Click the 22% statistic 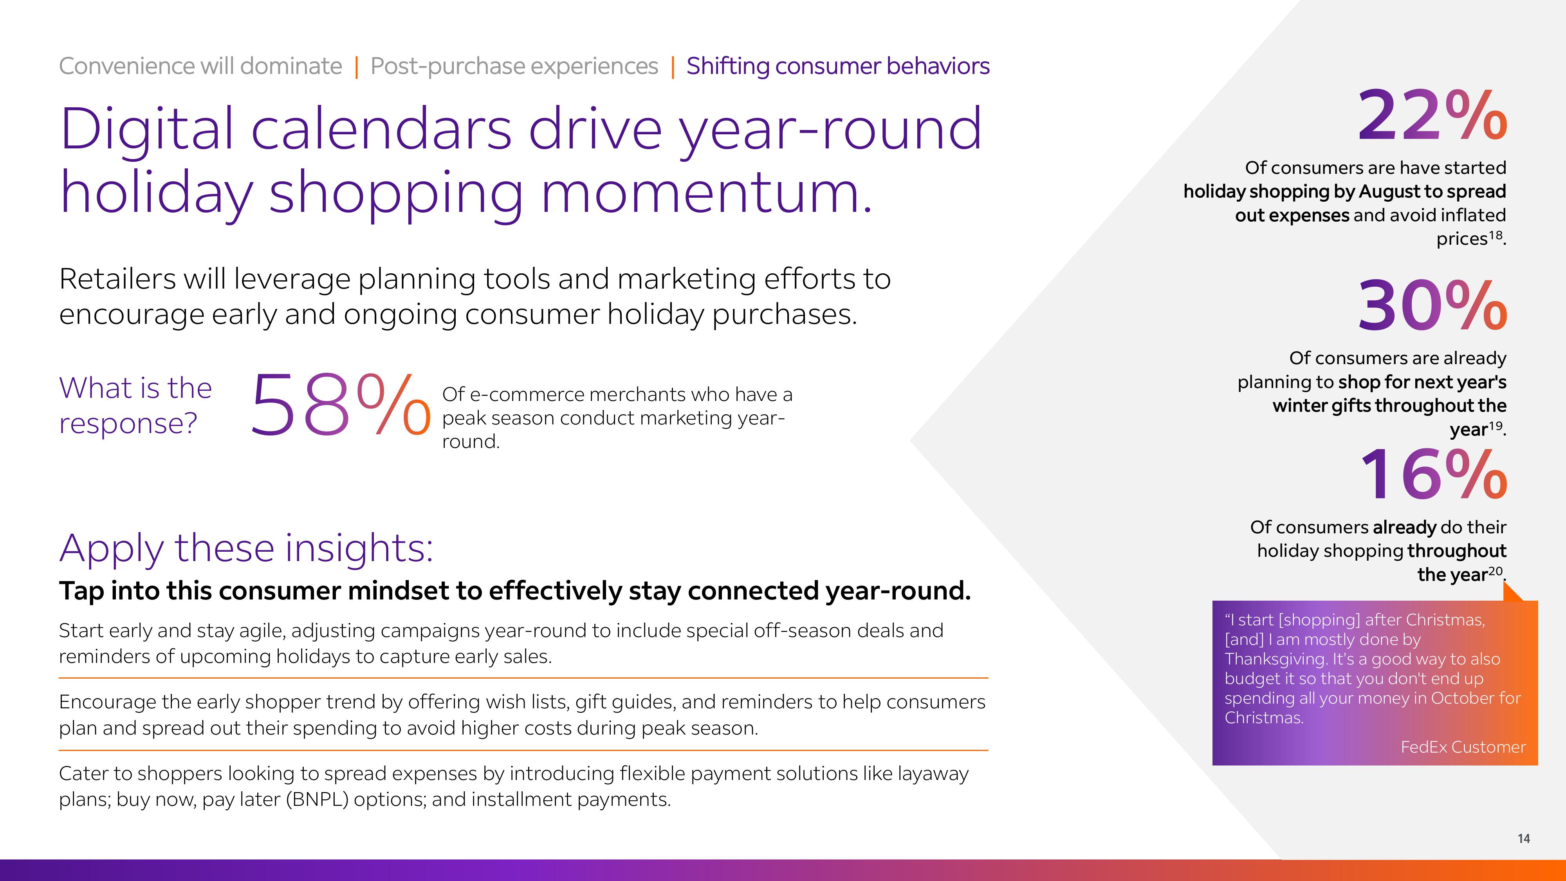tap(1432, 114)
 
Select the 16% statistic tap(1433, 474)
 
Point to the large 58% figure tap(341, 404)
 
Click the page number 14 tap(1523, 838)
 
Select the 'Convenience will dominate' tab tap(200, 66)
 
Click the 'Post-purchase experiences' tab tap(514, 66)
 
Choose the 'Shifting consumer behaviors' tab tap(838, 66)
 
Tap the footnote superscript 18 tap(1495, 234)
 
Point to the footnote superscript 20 tap(1495, 570)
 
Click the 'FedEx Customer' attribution tap(1463, 747)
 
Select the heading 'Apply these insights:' tap(246, 549)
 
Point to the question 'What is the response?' tap(135, 406)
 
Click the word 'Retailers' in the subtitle tap(117, 279)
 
